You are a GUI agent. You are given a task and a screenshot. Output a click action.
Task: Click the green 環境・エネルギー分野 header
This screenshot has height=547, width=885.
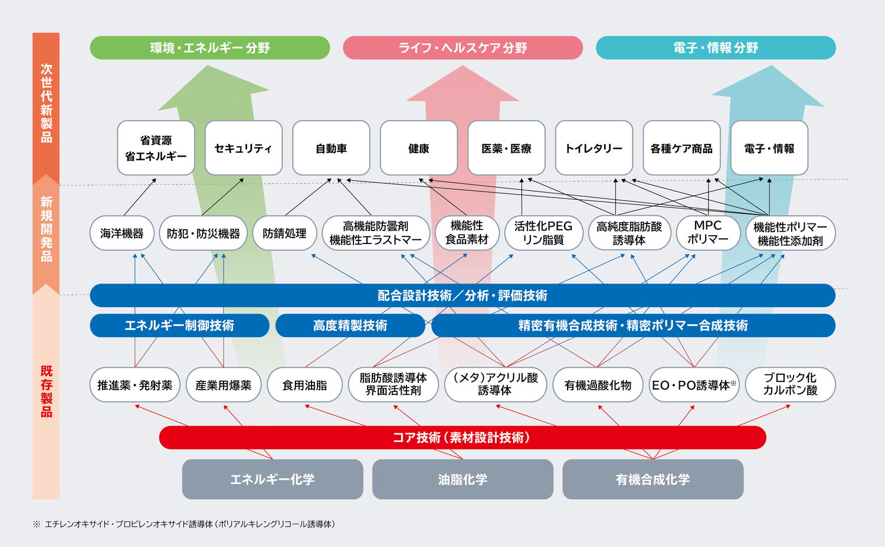point(209,48)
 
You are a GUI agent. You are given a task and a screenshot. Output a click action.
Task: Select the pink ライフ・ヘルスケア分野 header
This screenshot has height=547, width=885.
point(463,48)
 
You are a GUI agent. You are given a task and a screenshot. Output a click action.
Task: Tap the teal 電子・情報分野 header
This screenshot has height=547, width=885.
point(716,48)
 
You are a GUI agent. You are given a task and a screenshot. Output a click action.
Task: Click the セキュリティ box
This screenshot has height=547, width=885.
point(243,148)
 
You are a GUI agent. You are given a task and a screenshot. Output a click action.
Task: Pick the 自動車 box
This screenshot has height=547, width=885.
point(331,148)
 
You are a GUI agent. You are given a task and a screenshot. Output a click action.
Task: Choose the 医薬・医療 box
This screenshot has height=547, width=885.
point(506,148)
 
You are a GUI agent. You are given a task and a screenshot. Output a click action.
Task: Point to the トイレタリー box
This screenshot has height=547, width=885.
point(594,148)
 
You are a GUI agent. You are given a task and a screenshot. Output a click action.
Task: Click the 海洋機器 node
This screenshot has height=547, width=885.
point(122,233)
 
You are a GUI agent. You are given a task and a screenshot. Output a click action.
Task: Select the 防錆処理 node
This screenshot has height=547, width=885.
point(284,233)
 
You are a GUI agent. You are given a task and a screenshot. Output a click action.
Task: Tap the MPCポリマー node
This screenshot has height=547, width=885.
point(707,233)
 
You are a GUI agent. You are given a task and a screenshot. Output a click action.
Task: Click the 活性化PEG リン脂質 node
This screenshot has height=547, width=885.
point(543,233)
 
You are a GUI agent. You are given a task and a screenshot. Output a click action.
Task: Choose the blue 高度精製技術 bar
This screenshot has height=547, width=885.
point(350,325)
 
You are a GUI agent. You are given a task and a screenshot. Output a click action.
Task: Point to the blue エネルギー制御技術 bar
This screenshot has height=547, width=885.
point(179,325)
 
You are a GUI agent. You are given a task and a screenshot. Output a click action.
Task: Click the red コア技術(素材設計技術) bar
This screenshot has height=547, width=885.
point(462,437)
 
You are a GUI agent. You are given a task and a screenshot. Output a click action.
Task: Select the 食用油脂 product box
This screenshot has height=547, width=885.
point(304,385)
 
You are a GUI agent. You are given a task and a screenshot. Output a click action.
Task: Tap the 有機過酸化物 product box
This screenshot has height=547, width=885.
point(598,385)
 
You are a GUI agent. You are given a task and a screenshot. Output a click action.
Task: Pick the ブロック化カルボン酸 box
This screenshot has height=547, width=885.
point(790,384)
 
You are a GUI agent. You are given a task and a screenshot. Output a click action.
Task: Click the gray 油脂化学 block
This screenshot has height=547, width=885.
point(463,479)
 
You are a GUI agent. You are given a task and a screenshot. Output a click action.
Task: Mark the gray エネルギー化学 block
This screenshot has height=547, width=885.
point(272,479)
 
